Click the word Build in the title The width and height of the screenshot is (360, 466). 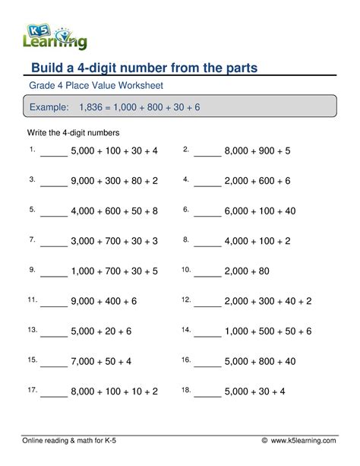pos(47,68)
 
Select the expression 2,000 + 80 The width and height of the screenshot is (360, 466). pos(248,271)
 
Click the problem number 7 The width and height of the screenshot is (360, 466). pos(33,239)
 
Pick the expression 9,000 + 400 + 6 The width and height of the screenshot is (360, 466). pos(104,301)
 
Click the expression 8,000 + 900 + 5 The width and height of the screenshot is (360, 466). pos(257,151)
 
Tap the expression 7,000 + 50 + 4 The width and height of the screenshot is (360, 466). pos(101,361)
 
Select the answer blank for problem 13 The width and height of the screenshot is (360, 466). pos(53,334)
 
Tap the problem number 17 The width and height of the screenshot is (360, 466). pos(33,388)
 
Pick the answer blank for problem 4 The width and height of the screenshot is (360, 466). pos(207,183)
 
